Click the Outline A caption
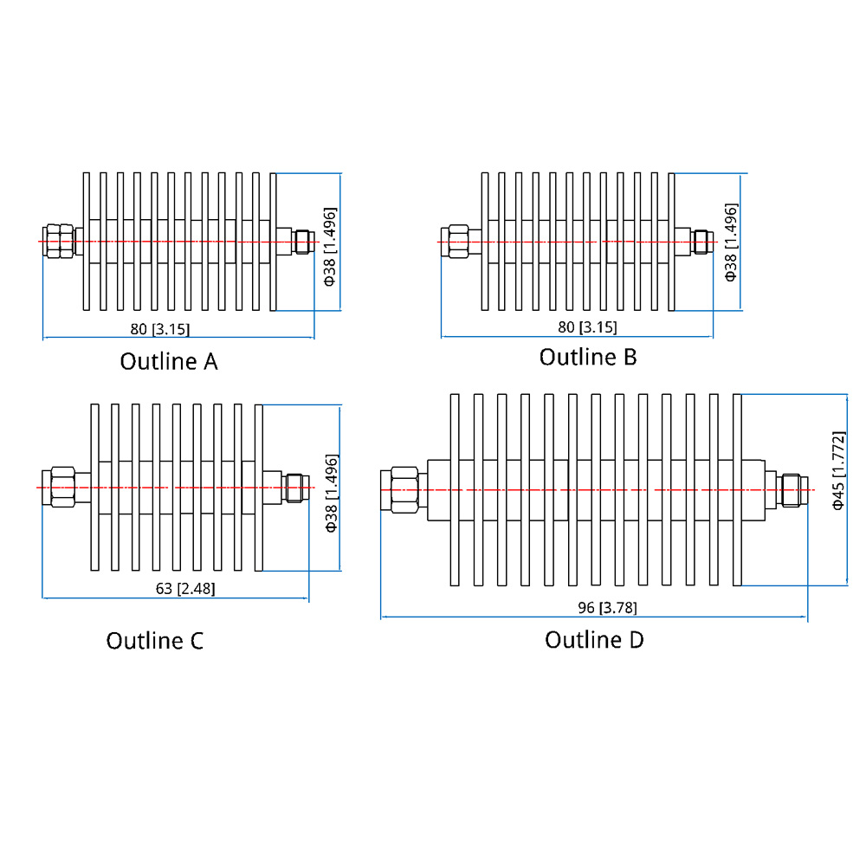pyautogui.click(x=169, y=362)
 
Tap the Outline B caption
pyautogui.click(x=588, y=358)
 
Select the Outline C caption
pyautogui.click(x=155, y=641)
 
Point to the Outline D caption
pyautogui.click(x=594, y=640)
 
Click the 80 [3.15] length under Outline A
pyautogui.click(x=160, y=329)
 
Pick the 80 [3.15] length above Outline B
pyautogui.click(x=588, y=327)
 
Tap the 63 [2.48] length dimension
pyautogui.click(x=185, y=589)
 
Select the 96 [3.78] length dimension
pyautogui.click(x=608, y=608)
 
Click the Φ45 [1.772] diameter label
pyautogui.click(x=838, y=470)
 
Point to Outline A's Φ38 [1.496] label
pyautogui.click(x=330, y=247)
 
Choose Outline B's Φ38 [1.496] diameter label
pyautogui.click(x=731, y=242)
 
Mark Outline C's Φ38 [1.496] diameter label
pyautogui.click(x=332, y=494)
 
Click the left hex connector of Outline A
pyautogui.click(x=60, y=241)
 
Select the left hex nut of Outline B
pyautogui.click(x=458, y=242)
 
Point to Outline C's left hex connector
pyautogui.click(x=63, y=487)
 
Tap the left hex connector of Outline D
pyautogui.click(x=404, y=490)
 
